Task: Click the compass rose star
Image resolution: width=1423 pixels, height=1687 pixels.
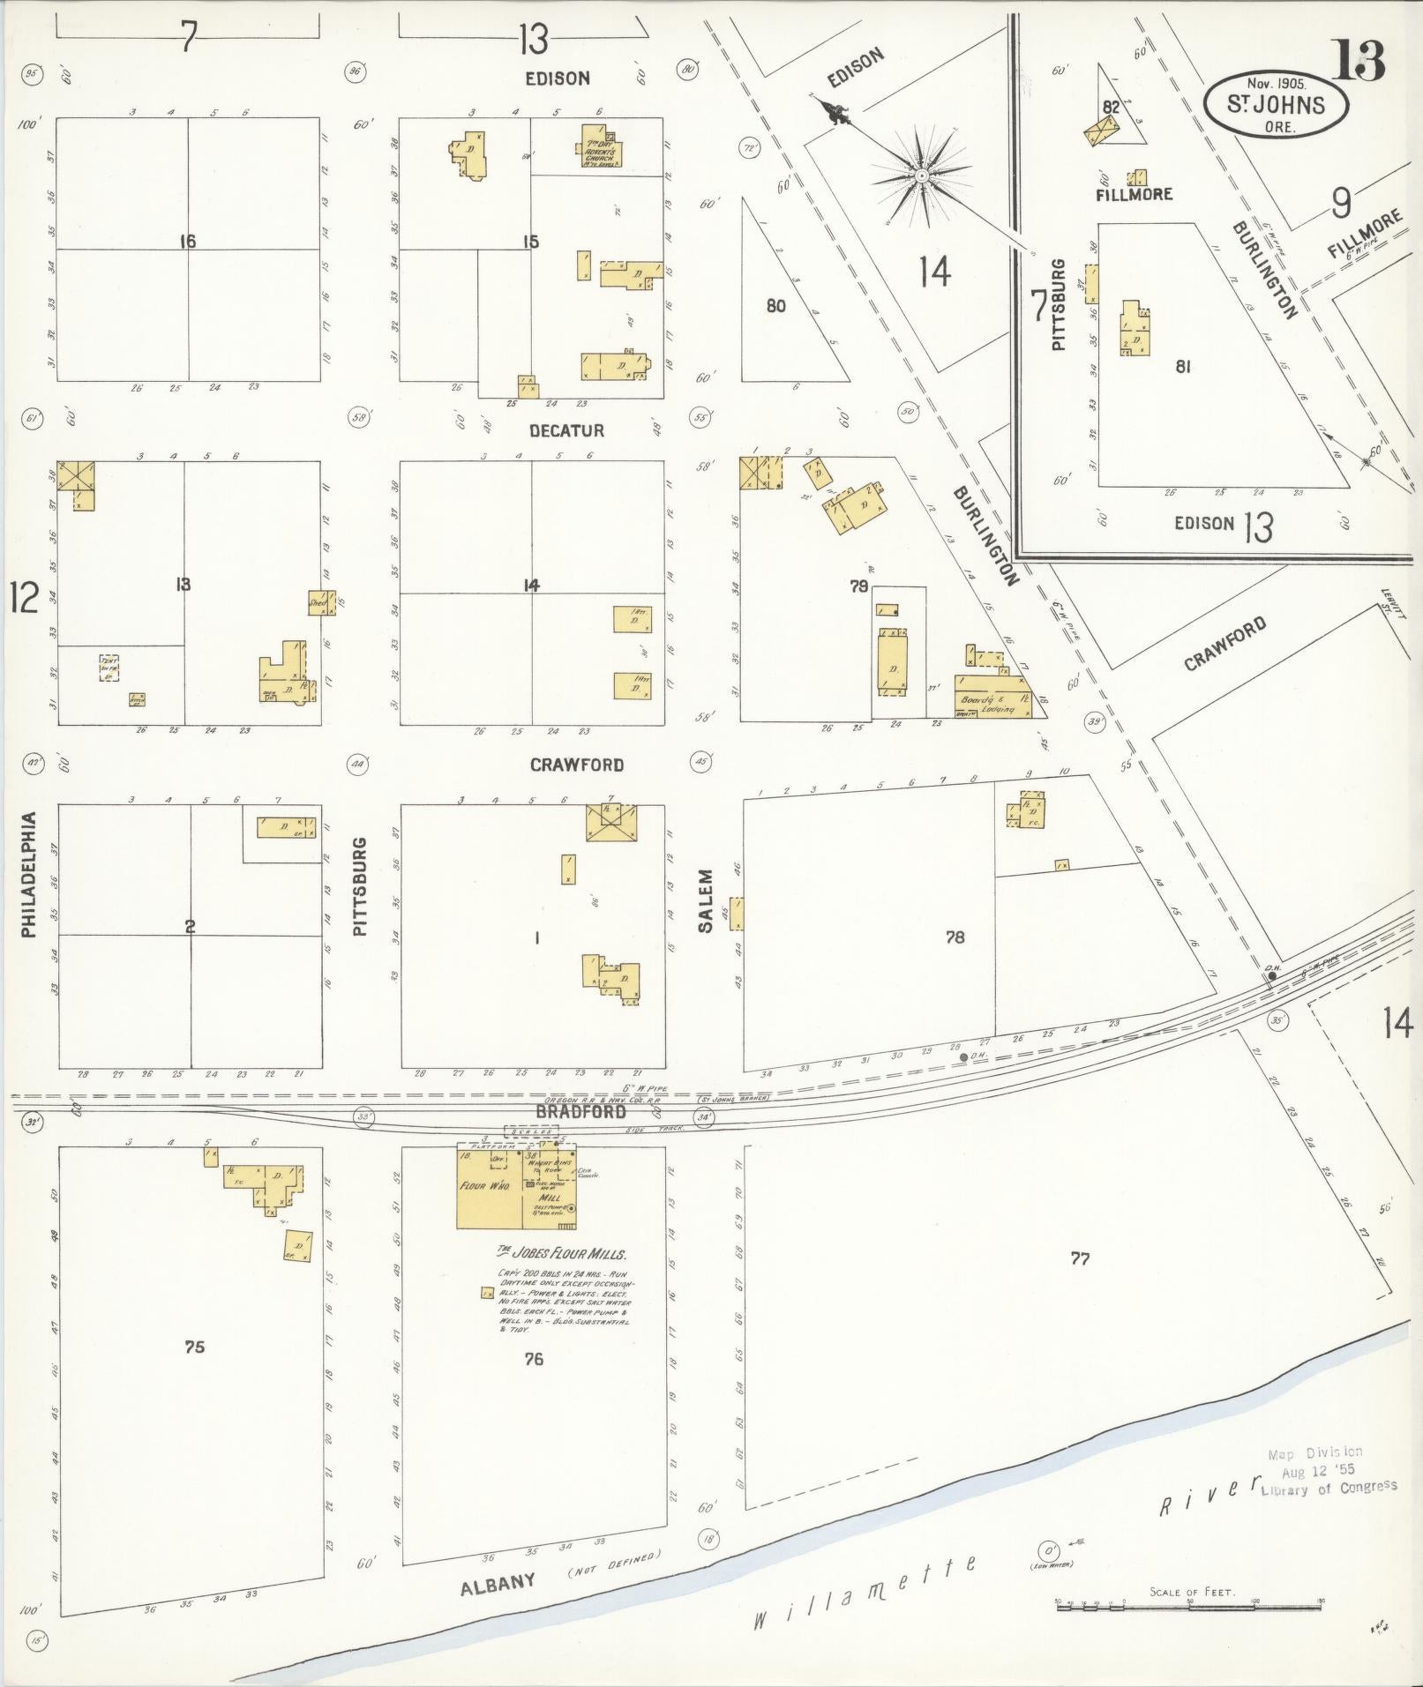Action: click(921, 176)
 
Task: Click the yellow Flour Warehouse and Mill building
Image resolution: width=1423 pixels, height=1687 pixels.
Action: click(516, 1187)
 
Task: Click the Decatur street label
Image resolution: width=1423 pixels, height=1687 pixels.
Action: click(566, 430)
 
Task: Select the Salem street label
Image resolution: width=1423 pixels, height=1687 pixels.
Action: click(705, 900)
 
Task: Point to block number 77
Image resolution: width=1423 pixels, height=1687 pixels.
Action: click(1080, 1258)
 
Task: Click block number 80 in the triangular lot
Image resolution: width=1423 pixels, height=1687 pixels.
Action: click(775, 306)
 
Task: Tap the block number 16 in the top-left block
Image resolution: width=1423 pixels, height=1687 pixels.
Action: click(186, 241)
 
